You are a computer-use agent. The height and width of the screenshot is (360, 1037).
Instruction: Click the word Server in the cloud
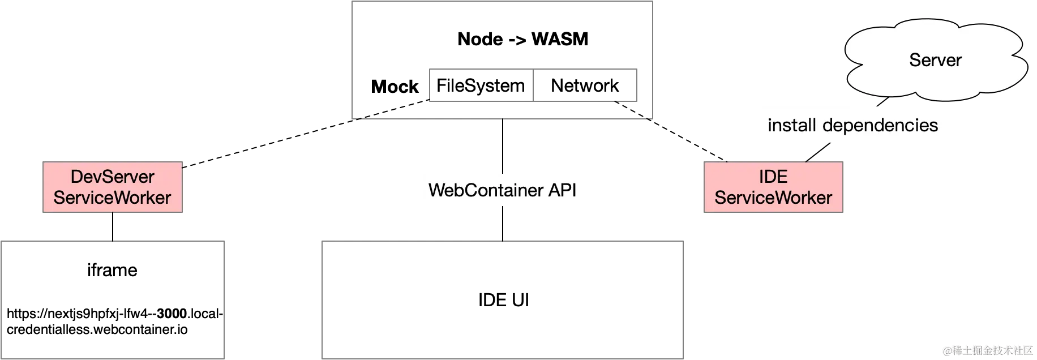click(935, 60)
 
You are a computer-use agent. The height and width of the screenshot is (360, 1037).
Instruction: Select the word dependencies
click(880, 125)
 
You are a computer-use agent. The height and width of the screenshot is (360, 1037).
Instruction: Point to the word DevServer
click(112, 177)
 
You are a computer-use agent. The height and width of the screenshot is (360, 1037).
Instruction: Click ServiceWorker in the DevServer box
click(112, 198)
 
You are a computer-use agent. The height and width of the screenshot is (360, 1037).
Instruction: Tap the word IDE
click(773, 177)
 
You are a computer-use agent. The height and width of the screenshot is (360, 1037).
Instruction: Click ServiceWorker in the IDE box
click(773, 198)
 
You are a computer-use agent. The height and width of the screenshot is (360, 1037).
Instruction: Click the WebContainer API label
click(502, 190)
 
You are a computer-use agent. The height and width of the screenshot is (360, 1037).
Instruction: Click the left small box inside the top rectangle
click(479, 86)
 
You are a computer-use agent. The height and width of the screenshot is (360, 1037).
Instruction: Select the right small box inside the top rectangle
click(585, 86)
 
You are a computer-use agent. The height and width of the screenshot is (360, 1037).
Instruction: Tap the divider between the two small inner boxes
click(532, 86)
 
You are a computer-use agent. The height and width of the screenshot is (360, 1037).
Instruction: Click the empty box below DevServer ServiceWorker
click(113, 300)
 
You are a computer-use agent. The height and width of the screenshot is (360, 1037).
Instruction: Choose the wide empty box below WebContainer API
click(502, 300)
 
